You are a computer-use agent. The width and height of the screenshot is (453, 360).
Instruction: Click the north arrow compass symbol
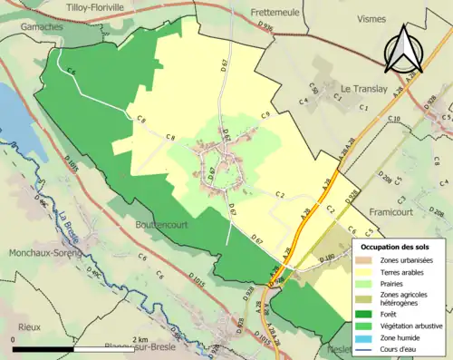[406, 48]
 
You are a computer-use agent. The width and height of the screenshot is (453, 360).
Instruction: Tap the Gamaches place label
[24, 27]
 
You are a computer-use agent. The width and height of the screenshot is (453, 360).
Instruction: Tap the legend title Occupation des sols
[395, 247]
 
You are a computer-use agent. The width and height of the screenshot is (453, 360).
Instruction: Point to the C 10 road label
[393, 120]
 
